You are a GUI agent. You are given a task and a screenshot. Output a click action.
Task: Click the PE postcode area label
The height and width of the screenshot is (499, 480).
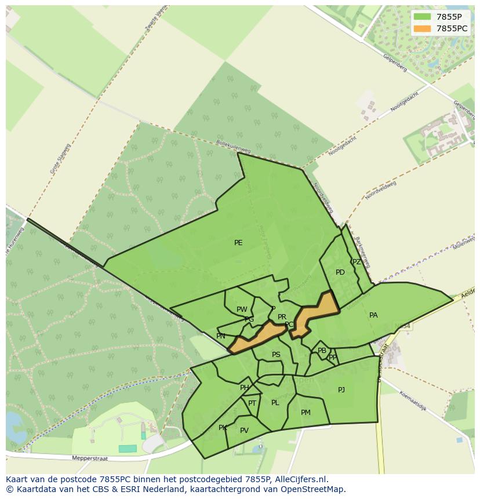[238, 243]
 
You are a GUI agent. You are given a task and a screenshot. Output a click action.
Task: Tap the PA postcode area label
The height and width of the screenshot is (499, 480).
[373, 315]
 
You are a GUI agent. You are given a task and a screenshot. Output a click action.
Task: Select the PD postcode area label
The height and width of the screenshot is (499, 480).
[340, 272]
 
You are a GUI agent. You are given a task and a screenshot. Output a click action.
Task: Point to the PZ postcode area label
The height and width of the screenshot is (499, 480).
[357, 262]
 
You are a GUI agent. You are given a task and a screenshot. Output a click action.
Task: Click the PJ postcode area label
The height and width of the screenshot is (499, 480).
[341, 390]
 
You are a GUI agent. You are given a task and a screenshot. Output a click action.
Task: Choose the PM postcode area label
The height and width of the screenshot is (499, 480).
[306, 413]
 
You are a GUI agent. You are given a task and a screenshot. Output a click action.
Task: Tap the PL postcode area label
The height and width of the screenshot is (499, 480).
[275, 403]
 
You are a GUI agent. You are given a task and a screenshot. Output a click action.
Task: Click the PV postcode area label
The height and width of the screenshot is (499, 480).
[244, 431]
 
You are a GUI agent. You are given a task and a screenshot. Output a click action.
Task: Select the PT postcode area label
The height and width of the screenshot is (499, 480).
[252, 403]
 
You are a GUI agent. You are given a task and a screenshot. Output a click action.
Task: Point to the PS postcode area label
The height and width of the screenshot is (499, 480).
[276, 355]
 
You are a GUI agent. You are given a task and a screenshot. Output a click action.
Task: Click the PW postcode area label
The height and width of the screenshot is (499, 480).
[242, 309]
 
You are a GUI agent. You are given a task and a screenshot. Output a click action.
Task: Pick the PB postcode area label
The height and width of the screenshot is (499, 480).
[322, 351]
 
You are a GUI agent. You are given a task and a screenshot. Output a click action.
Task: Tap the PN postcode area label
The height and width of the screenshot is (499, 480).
[221, 336]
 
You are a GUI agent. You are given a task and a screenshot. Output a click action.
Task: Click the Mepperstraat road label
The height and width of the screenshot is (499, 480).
[90, 458]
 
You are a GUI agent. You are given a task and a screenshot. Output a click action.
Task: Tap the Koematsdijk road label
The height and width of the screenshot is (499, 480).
[413, 401]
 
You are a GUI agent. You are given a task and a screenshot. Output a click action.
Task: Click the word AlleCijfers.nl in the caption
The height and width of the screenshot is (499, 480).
[300, 479]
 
